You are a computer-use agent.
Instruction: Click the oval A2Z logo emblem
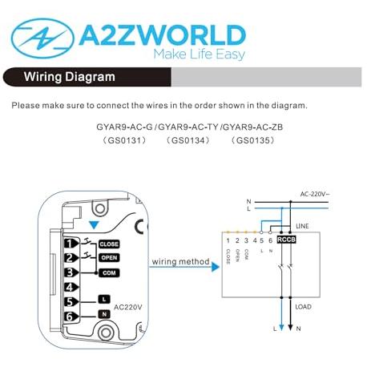click(x=42, y=38)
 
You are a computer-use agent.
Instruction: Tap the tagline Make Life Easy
click(x=200, y=54)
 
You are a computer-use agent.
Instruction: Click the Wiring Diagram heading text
click(x=69, y=77)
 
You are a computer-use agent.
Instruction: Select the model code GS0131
click(x=124, y=140)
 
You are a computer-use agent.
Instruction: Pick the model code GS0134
click(x=188, y=140)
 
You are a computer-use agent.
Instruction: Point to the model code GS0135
click(x=252, y=140)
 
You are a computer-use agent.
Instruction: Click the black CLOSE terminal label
click(x=109, y=244)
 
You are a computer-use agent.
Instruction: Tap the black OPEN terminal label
click(x=109, y=258)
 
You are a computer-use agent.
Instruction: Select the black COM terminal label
click(x=109, y=273)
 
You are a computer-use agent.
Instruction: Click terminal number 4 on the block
click(x=71, y=288)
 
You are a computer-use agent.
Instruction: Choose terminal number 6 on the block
click(x=71, y=317)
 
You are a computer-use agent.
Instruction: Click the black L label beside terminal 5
click(x=104, y=299)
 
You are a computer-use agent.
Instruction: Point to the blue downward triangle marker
click(x=94, y=225)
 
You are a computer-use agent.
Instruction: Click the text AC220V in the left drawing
click(x=128, y=308)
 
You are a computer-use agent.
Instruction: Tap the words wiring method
click(x=180, y=262)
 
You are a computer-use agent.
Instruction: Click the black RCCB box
click(x=286, y=240)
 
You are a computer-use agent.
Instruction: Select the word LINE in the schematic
click(x=302, y=226)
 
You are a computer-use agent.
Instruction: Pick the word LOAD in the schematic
click(x=303, y=307)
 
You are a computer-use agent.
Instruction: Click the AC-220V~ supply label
click(x=315, y=194)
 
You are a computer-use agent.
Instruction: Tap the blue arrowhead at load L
click(x=281, y=328)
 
